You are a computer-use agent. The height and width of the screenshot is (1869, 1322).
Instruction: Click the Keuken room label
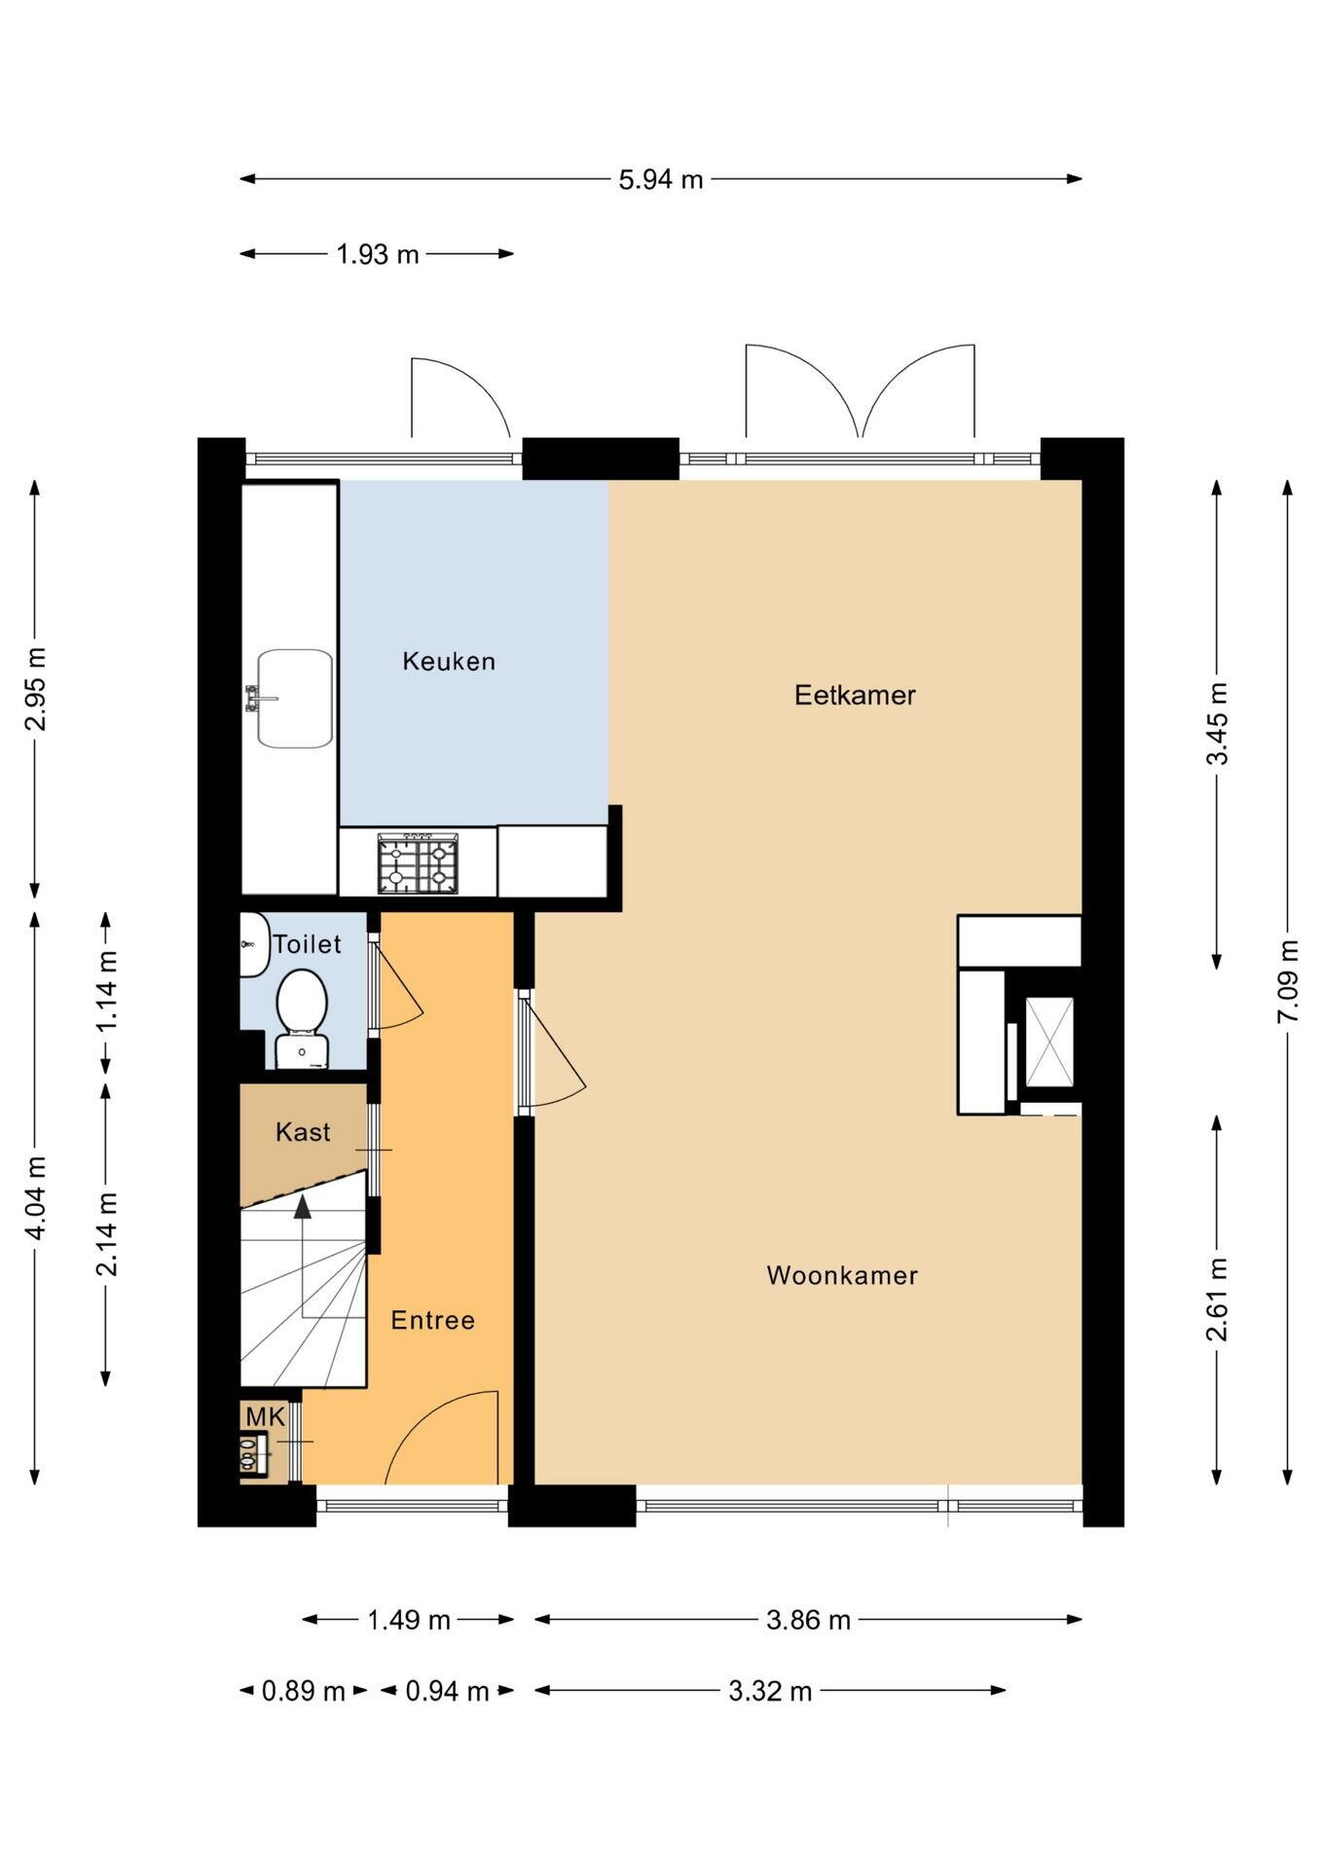(x=449, y=662)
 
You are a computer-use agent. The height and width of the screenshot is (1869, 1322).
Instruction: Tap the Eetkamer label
(x=855, y=695)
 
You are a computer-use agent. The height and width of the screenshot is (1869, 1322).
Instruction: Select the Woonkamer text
(x=842, y=1275)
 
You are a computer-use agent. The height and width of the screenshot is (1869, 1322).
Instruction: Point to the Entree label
(x=432, y=1320)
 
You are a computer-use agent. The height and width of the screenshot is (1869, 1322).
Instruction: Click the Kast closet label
(x=303, y=1132)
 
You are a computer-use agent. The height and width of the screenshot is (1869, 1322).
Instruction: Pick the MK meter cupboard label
(x=265, y=1417)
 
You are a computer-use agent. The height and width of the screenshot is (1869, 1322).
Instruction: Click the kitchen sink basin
(x=295, y=699)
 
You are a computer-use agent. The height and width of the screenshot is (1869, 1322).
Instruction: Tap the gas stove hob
(x=418, y=863)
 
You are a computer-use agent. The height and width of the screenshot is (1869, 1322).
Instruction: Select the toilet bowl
(x=301, y=1001)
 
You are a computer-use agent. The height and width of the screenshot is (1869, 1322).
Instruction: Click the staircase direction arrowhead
(x=303, y=1207)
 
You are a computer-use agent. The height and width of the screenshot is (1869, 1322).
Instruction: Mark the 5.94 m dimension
(x=661, y=179)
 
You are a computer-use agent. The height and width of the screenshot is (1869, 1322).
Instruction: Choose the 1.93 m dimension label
(x=378, y=254)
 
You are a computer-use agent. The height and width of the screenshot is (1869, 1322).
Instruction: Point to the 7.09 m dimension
(x=1288, y=980)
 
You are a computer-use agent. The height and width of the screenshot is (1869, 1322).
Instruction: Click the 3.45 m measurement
(x=1217, y=724)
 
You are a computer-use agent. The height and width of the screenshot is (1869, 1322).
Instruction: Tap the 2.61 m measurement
(x=1217, y=1300)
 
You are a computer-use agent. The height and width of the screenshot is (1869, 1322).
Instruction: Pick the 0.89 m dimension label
(x=303, y=1691)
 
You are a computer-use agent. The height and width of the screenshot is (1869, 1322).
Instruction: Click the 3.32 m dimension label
(x=770, y=1691)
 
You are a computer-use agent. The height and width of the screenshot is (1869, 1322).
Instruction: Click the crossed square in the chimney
(x=1049, y=1042)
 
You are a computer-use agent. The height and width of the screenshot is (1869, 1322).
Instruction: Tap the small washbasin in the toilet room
(x=254, y=944)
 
